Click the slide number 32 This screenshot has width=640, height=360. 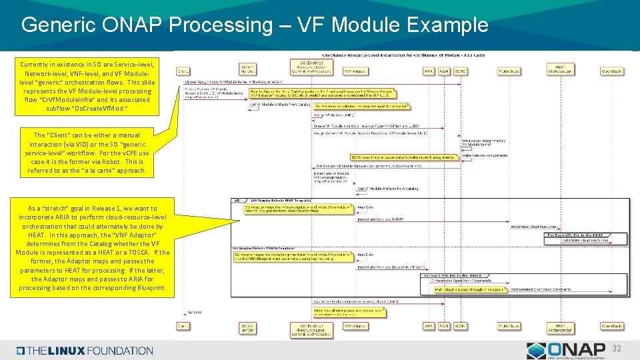point(616,348)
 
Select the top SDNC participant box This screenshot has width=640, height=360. point(460,70)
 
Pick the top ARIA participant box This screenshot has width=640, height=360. point(428,70)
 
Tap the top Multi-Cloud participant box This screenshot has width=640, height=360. point(509,70)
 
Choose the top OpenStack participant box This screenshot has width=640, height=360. point(611,70)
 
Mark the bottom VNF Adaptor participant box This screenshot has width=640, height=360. point(355,326)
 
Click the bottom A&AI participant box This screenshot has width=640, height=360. point(444,326)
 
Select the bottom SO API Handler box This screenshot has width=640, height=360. point(247,327)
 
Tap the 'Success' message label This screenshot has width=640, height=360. point(194,312)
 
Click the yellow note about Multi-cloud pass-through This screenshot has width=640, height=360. point(470,290)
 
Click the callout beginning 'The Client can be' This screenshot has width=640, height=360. point(87,153)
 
